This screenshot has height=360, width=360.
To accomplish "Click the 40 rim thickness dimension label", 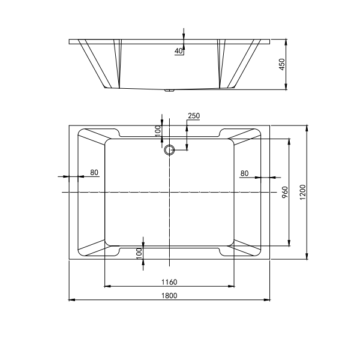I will pos(178,52).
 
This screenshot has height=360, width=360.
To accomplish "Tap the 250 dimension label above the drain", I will pos(194,116).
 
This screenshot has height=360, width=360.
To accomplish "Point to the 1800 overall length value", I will pos(170,295).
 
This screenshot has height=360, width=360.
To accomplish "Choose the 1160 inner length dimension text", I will pos(169,281).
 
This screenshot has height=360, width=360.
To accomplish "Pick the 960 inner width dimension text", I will pos(286,193).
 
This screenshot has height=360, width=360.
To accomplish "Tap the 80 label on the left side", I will pos(94,173).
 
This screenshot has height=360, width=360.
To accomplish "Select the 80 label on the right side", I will pos(244,173).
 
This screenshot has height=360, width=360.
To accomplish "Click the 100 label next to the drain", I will pos(158,130).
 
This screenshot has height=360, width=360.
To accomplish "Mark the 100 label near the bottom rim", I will pos(139,254).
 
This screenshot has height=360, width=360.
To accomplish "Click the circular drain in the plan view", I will pos(169,150).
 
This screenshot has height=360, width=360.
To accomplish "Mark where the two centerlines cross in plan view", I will pos(170,192).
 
